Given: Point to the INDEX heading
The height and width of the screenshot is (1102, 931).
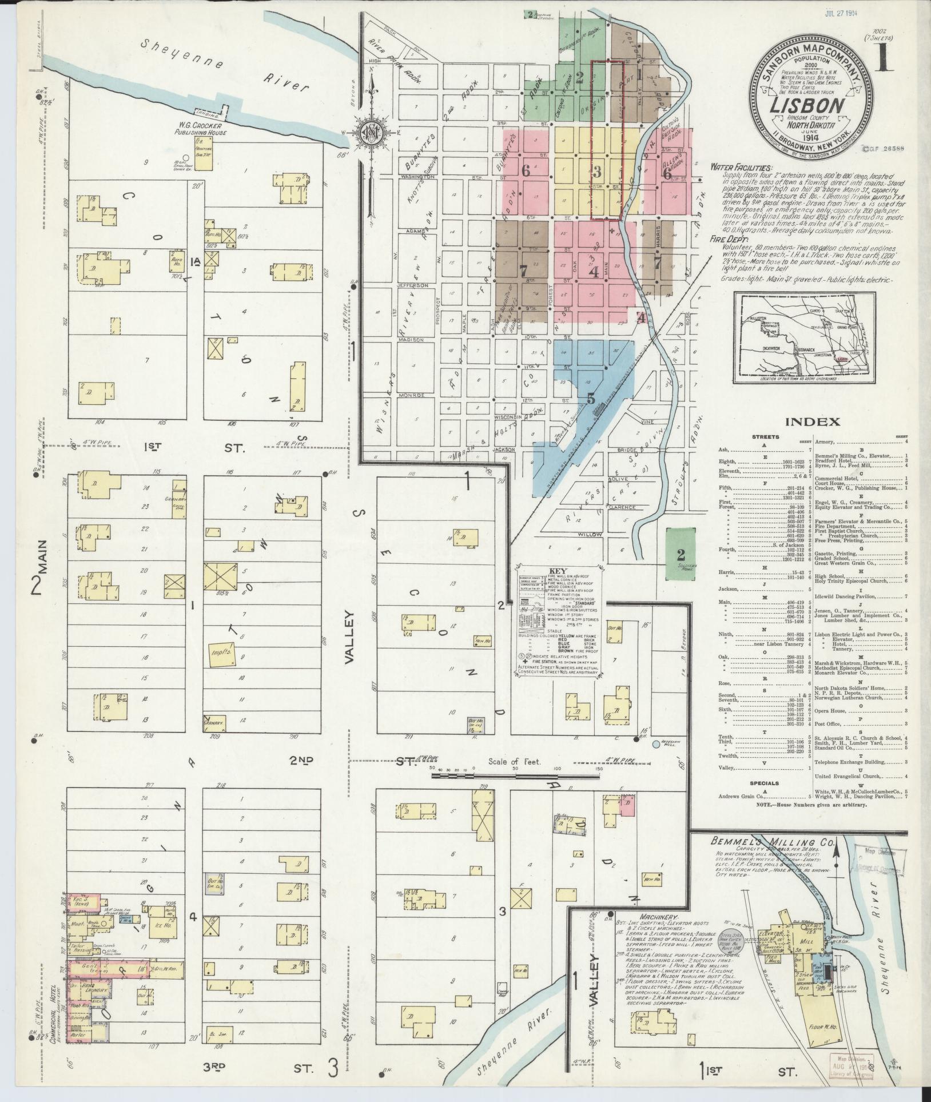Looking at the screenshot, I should point(812,422).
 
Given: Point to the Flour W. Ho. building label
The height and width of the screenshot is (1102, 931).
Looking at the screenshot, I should point(822,1028).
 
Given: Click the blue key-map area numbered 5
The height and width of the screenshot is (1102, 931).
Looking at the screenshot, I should point(590,396).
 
